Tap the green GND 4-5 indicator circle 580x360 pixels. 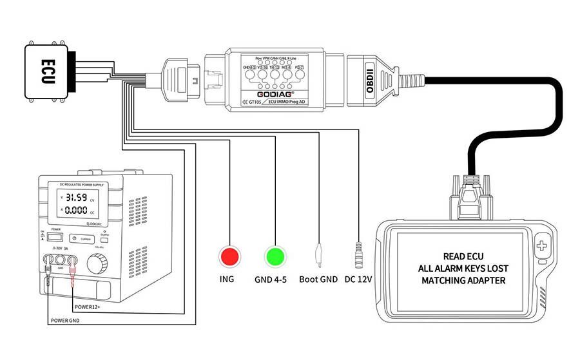click(275, 256)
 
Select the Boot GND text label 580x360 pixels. click(318, 280)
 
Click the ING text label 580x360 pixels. click(226, 280)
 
